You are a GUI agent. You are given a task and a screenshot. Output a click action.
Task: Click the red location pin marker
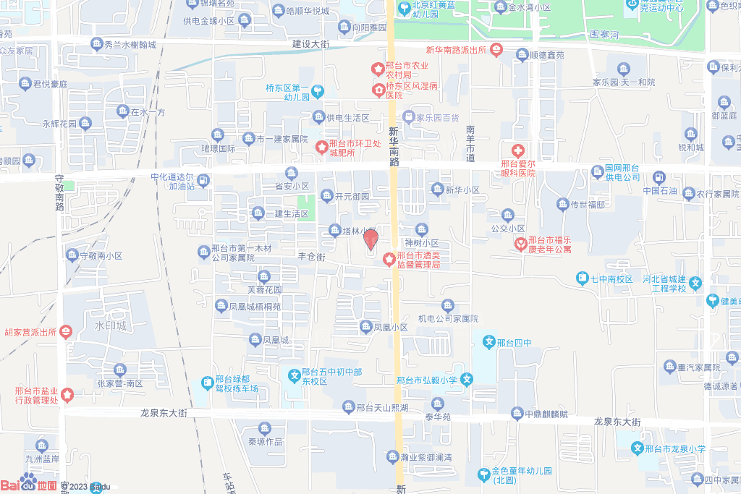tap(370, 239)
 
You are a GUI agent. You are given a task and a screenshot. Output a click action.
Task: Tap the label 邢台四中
tap(515, 341)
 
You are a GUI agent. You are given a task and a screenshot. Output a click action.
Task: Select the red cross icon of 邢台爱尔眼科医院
tap(517, 151)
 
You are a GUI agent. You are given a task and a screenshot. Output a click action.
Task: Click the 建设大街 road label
tap(310, 44)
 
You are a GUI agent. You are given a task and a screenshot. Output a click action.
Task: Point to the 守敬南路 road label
tap(60, 192)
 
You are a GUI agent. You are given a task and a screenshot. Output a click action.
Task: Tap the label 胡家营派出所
tap(30, 332)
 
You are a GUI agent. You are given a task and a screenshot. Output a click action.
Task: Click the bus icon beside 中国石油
tap(659, 177)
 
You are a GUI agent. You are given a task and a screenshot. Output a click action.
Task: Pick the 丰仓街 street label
tap(312, 257)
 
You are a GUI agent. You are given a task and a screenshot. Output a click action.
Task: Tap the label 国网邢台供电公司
tap(622, 172)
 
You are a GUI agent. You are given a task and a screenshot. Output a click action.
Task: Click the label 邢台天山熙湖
tap(382, 407)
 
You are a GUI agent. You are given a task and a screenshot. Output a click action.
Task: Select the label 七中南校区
tap(613, 278)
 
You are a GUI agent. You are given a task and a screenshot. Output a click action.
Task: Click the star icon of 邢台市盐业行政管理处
tap(67, 396)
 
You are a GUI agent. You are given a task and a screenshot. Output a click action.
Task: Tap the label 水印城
tap(110, 326)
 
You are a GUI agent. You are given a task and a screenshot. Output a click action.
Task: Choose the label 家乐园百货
tap(437, 116)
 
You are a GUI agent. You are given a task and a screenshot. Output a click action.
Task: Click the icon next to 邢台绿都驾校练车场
tap(206, 381)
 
